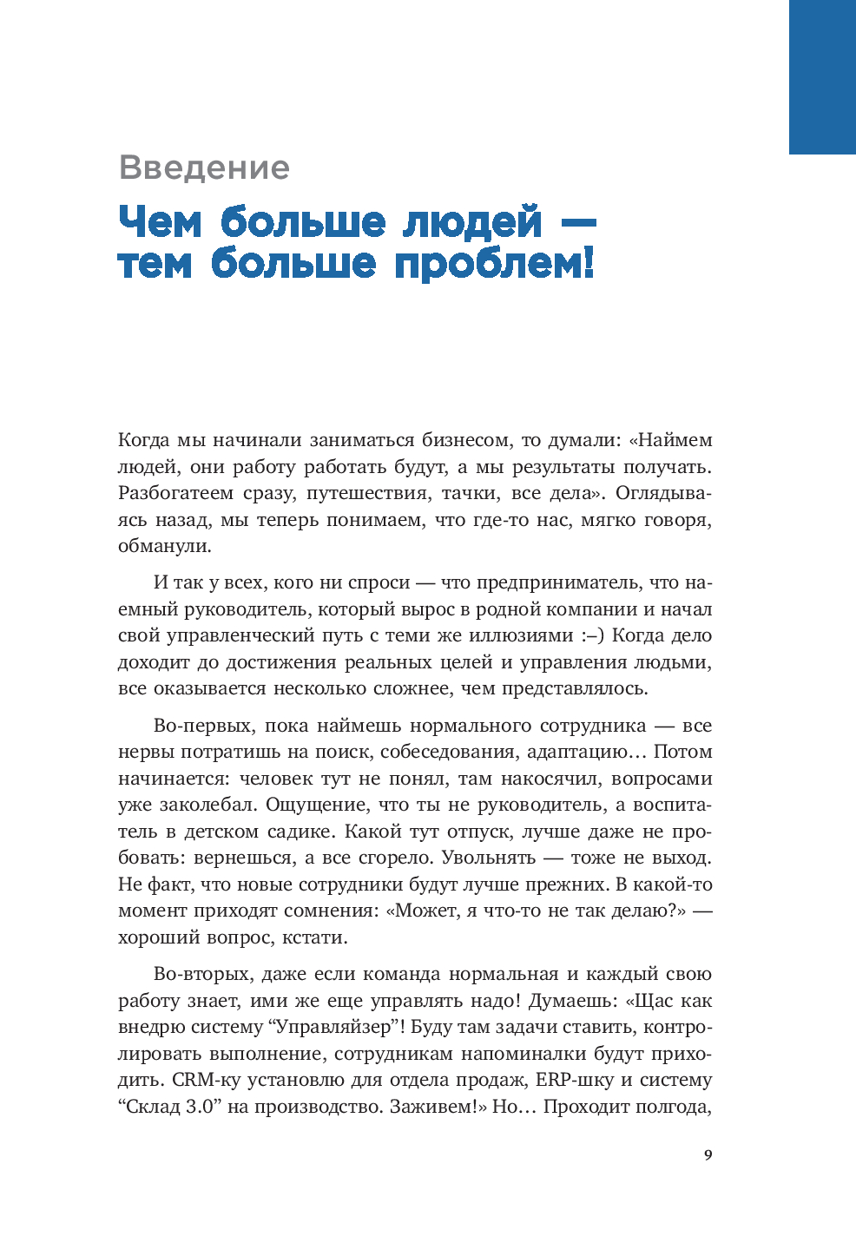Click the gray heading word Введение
(x=204, y=168)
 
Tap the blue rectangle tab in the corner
(x=821, y=76)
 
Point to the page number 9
(x=708, y=1155)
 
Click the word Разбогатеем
(x=176, y=493)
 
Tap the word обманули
(x=164, y=546)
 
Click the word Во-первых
(x=203, y=726)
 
